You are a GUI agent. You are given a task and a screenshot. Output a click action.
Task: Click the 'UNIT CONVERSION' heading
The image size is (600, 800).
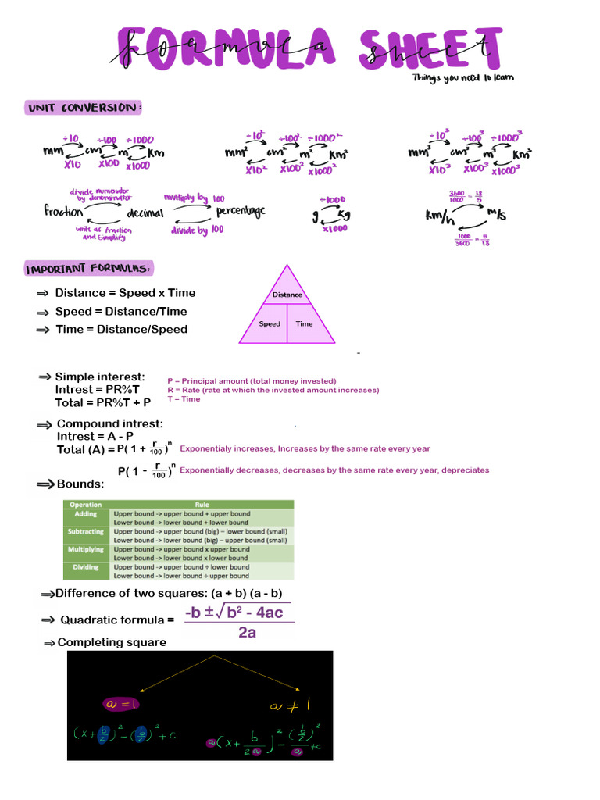83,108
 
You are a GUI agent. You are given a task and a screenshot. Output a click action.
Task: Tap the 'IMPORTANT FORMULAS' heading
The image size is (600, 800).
88,269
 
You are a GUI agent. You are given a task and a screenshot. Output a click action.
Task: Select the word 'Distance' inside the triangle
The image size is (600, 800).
287,295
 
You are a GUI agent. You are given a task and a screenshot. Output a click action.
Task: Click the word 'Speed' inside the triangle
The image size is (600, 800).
270,323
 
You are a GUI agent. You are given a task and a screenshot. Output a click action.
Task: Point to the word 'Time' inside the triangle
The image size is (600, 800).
305,323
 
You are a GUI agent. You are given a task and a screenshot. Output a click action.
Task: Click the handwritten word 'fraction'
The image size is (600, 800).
63,211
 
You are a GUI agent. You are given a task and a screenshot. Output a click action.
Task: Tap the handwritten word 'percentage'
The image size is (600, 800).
241,210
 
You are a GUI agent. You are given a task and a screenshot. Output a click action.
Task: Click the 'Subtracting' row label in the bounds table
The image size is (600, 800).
87,531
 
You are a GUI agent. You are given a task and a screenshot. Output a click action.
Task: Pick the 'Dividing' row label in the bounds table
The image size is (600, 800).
87,567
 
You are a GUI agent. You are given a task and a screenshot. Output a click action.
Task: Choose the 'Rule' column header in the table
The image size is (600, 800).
202,505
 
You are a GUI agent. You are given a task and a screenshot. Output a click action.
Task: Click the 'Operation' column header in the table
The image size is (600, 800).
86,505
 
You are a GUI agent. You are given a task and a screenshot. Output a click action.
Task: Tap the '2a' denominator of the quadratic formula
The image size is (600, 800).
247,633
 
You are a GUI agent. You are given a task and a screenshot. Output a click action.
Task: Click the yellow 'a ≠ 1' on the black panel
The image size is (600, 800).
290,706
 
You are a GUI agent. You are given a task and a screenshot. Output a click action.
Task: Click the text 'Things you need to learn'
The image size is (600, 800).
463,77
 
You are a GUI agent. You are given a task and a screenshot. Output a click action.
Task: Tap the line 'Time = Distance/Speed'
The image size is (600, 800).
121,329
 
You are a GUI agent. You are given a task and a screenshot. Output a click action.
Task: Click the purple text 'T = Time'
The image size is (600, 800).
184,398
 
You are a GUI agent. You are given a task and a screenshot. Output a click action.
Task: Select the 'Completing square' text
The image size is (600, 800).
112,642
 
